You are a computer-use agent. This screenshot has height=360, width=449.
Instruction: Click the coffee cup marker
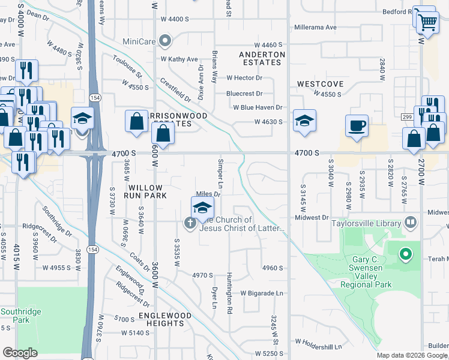click(357, 126)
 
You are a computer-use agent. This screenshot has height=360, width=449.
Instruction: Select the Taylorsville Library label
click(367, 223)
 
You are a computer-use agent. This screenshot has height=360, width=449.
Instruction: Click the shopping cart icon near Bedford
click(427, 23)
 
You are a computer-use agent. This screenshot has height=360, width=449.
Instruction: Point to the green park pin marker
click(405, 255)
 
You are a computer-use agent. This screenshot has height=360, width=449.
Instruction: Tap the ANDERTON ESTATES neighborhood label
click(261, 58)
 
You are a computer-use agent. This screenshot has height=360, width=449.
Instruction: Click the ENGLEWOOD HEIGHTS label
click(165, 319)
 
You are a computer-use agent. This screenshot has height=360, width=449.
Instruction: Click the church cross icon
click(190, 223)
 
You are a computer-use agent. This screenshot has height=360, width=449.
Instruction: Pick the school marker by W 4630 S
click(304, 121)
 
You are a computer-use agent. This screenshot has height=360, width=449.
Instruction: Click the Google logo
click(20, 352)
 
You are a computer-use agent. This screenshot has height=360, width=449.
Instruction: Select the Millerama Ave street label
click(315, 28)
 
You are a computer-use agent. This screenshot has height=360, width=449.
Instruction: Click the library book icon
click(411, 223)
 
